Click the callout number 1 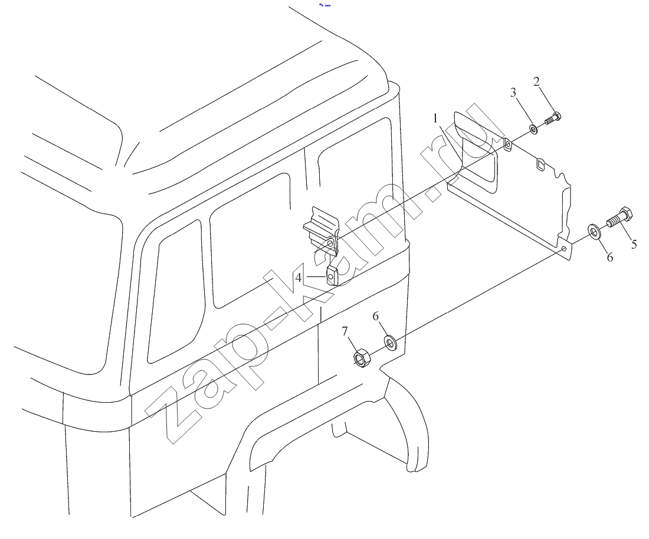tap(435, 119)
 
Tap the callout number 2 tap(536, 81)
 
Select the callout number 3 tap(513, 92)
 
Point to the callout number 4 tap(299, 278)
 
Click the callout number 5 tap(634, 245)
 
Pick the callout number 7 tap(345, 331)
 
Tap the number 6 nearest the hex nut tap(375, 317)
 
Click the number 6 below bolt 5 tap(609, 257)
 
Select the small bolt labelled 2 tap(552, 119)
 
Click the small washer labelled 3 tap(534, 130)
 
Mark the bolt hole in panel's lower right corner tap(563, 249)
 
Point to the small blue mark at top tap(325, 5)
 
